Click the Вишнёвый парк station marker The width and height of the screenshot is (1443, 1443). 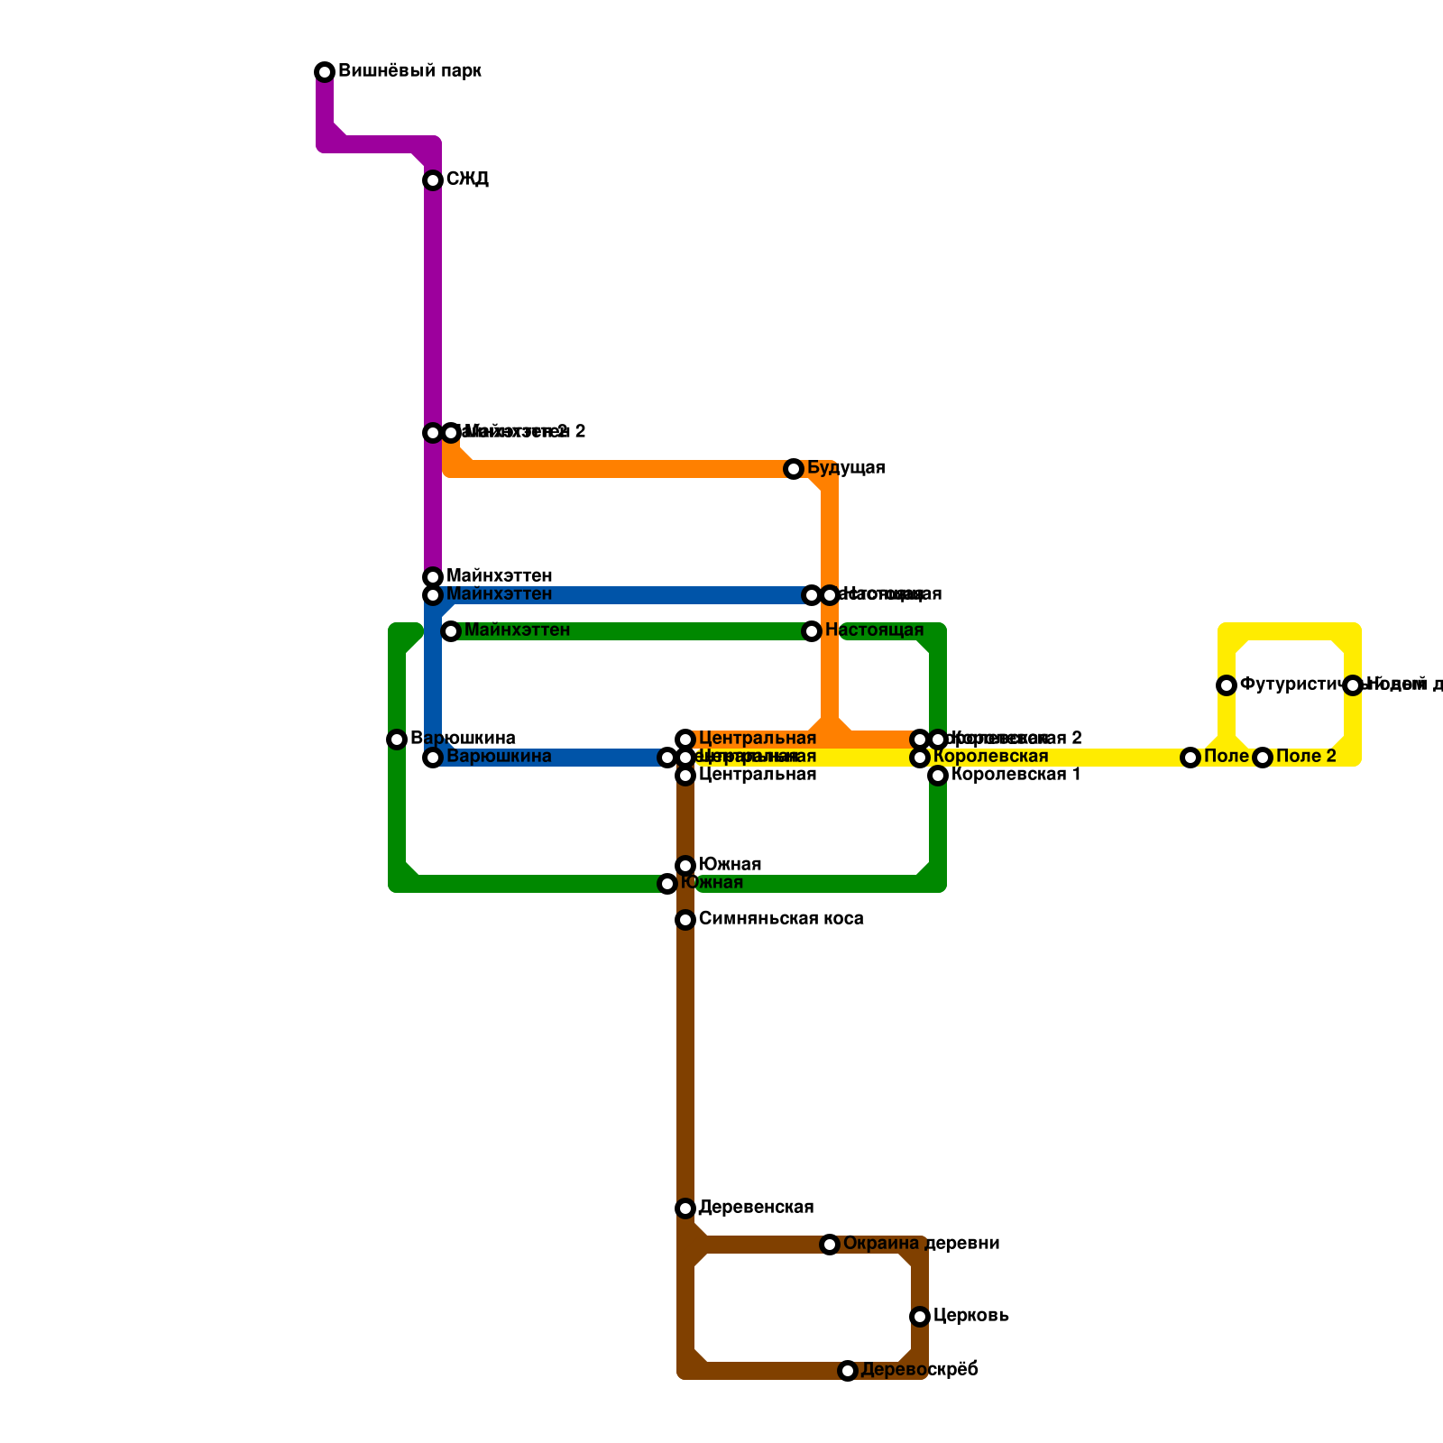[325, 72]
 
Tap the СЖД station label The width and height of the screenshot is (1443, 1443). [467, 179]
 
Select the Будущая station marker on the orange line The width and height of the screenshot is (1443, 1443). [794, 469]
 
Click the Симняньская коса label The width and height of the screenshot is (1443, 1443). [781, 919]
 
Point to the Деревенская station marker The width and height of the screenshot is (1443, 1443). [685, 1209]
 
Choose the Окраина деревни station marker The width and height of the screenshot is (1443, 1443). [830, 1245]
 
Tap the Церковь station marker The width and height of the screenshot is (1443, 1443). [920, 1317]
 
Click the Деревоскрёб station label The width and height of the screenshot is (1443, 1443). [919, 1370]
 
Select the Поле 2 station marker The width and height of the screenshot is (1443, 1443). [1263, 758]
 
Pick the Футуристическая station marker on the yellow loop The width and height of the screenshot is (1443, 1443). [1227, 685]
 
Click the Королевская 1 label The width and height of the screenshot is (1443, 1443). [1016, 775]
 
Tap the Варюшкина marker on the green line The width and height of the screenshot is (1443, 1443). [397, 740]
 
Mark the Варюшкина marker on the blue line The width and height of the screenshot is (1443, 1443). [433, 758]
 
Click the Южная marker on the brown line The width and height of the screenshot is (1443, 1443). [685, 866]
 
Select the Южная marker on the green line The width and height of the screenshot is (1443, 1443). [667, 884]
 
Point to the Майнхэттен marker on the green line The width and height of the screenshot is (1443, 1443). [451, 631]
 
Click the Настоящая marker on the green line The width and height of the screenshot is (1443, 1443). [812, 631]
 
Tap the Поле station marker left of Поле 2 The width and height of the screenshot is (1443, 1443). [1190, 758]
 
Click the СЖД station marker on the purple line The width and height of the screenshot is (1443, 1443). [433, 180]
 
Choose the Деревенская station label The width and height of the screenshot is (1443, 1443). [756, 1208]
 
